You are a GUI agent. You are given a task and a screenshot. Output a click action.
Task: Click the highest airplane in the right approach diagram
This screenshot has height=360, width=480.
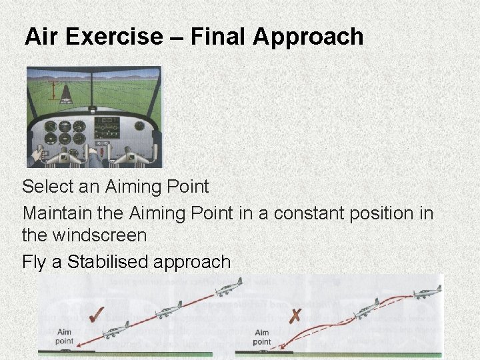pyautogui.click(x=426, y=293)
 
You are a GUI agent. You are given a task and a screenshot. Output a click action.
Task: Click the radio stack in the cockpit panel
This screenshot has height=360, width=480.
pyautogui.click(x=107, y=129)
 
